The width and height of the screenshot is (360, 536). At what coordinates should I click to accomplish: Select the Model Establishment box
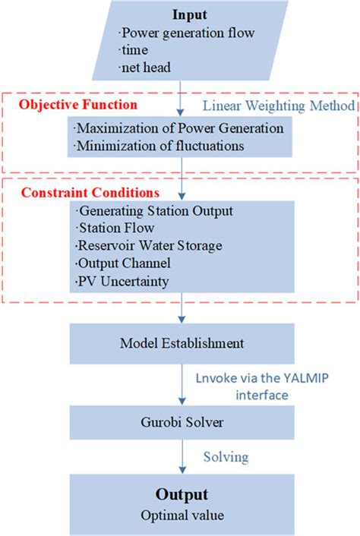182,343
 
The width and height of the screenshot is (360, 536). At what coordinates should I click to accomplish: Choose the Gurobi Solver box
182,420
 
